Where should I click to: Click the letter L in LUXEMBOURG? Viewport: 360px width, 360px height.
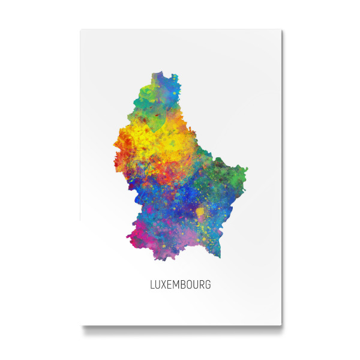pyautogui.click(x=152, y=285)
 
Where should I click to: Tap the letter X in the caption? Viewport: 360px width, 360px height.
pyautogui.click(x=165, y=285)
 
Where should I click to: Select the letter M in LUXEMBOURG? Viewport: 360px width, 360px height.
pyautogui.click(x=178, y=285)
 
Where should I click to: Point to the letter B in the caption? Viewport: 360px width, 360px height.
pyautogui.click(x=185, y=285)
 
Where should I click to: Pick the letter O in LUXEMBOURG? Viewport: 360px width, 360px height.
pyautogui.click(x=191, y=285)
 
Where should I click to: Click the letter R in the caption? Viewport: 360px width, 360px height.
pyautogui.click(x=202, y=285)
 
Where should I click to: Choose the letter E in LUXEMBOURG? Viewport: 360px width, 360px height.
pyautogui.click(x=171, y=285)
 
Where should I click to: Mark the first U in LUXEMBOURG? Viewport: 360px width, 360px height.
pyautogui.click(x=158, y=285)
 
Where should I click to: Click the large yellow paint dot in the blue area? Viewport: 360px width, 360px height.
pyautogui.click(x=200, y=212)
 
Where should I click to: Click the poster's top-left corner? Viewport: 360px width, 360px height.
pyautogui.click(x=81, y=29)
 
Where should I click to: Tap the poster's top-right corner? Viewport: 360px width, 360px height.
pyautogui.click(x=281, y=29)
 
